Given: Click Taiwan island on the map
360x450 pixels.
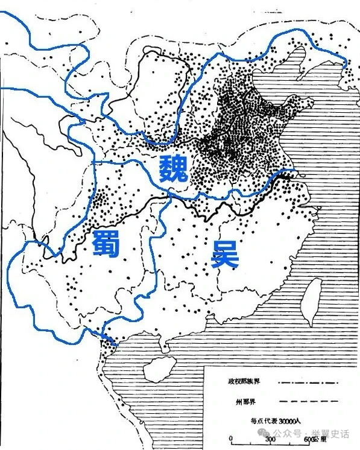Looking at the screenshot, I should [312, 299].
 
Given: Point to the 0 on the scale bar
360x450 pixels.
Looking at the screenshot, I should [231, 439].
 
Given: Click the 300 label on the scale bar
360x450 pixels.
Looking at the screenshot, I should [271, 440].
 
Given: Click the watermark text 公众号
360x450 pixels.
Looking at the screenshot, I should [292, 434].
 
